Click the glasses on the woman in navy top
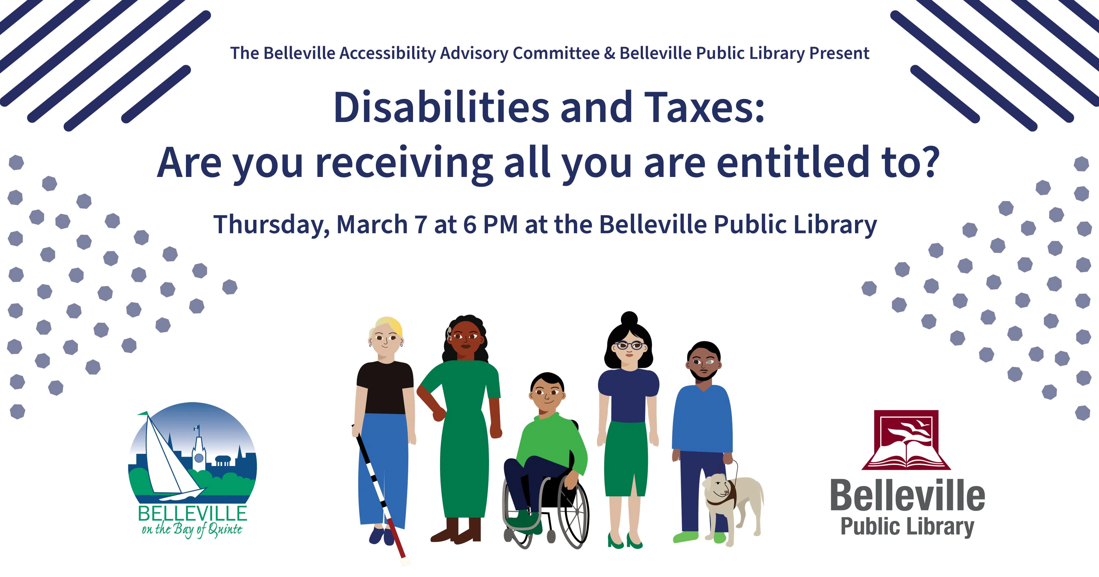point(629,346)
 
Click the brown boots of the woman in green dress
point(456,529)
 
